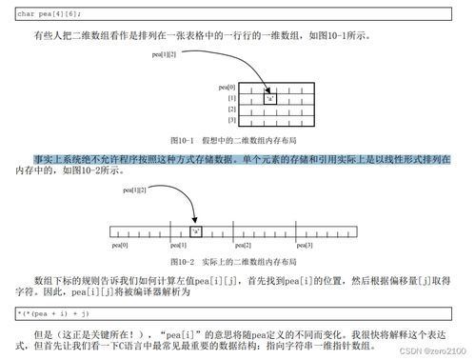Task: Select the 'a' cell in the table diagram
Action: (x=272, y=97)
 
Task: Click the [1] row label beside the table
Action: (x=231, y=97)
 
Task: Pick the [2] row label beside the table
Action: (x=231, y=109)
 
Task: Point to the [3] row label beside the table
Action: (x=231, y=120)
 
